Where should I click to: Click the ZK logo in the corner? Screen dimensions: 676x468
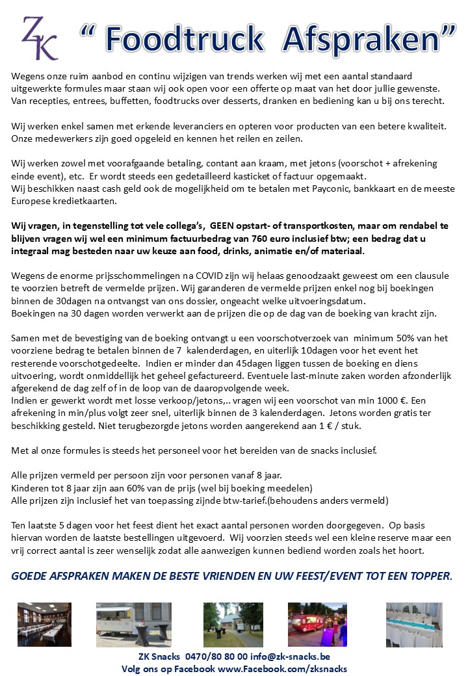[39, 38]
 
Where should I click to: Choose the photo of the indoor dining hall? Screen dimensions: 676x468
[45, 624]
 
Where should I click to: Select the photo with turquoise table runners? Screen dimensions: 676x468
[414, 624]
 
